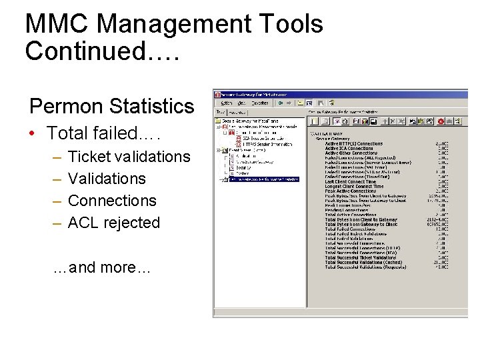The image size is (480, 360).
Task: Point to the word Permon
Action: point(65,106)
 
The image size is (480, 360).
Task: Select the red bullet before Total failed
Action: point(33,133)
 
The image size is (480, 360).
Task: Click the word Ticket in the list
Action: point(90,157)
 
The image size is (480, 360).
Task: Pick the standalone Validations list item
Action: point(107,179)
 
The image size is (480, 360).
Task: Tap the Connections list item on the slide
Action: point(112,201)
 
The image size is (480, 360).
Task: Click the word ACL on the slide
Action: point(84,223)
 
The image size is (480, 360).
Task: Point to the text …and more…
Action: point(101,268)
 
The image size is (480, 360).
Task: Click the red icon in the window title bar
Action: point(217,94)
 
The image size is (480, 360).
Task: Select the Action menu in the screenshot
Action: point(227,103)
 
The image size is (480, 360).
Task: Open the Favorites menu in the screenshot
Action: point(260,103)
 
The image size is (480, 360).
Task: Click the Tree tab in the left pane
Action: point(221,113)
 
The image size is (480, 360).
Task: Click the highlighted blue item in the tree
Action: point(264,179)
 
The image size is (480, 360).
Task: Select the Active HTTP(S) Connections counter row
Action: point(354,143)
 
